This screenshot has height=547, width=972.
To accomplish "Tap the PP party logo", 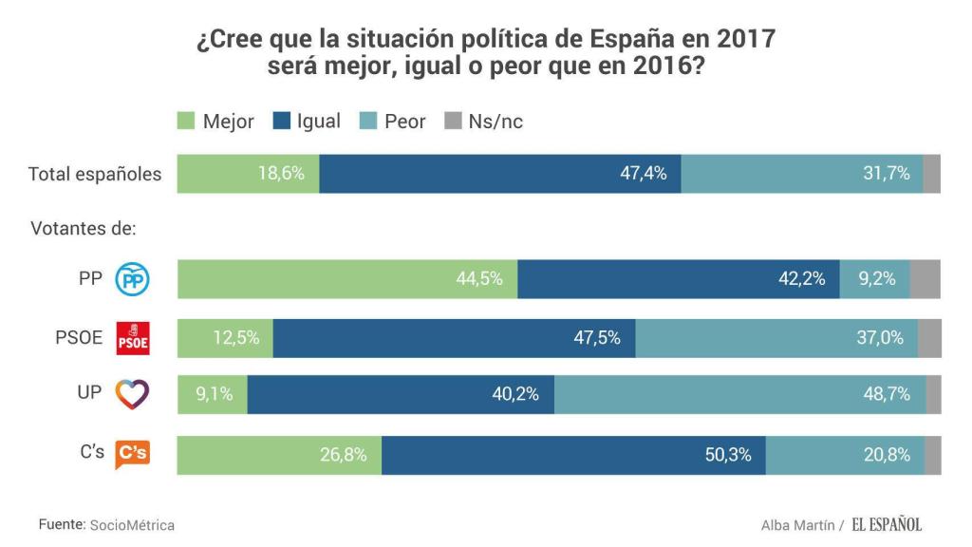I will tap(132, 280).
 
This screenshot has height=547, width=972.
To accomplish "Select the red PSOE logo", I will tap(132, 338).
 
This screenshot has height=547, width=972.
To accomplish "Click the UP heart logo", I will tap(132, 394).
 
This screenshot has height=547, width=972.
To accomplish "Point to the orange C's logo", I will tap(132, 455).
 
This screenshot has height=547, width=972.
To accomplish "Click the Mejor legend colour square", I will tap(186, 122).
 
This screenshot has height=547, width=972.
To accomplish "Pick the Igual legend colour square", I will tap(282, 122).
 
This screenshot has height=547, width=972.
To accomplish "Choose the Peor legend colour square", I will tap(369, 122).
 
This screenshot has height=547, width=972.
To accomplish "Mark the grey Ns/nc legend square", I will tap(453, 122).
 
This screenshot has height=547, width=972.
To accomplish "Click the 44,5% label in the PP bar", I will tap(479, 279).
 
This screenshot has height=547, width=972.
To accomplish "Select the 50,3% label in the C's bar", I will tap(728, 455).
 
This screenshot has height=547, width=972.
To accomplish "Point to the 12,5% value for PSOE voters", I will tap(235, 338).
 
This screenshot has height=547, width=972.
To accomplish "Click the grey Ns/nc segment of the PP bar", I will tap(925, 279).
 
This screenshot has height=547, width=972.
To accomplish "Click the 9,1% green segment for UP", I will tap(213, 395).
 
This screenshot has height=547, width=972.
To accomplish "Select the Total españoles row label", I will tap(95, 175).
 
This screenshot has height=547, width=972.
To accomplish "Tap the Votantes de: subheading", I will tap(84, 229).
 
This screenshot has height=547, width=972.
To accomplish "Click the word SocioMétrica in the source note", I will tap(132, 525).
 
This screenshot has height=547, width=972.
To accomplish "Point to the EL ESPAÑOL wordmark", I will tap(886, 524).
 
